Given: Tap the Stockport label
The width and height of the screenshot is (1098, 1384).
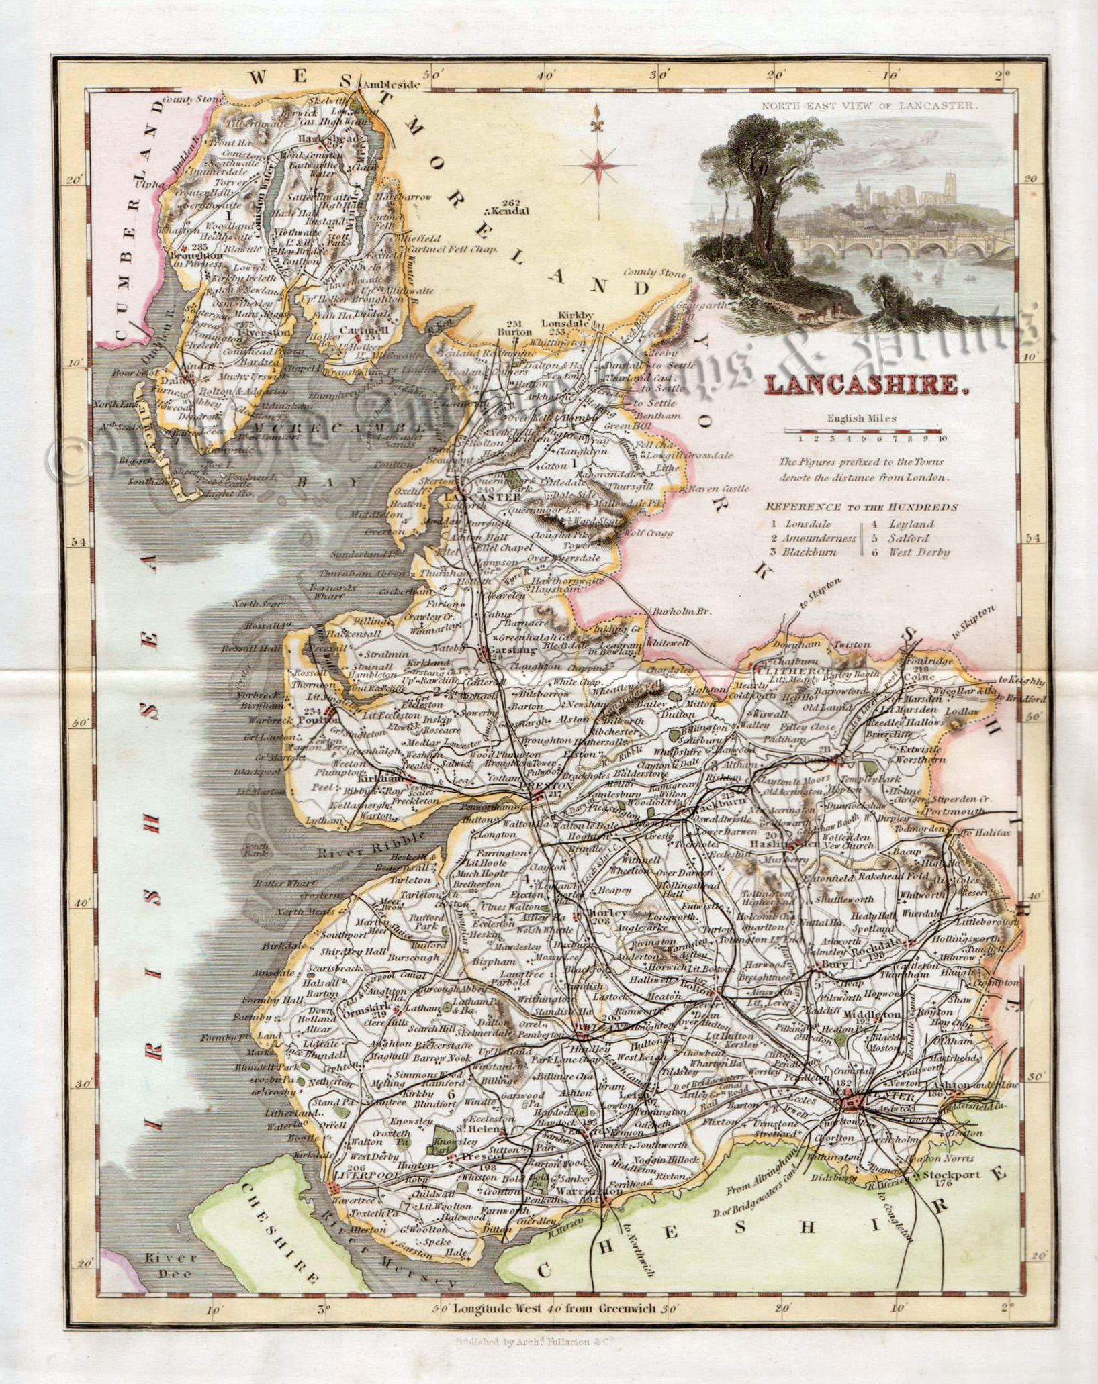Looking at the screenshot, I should pos(952,1175).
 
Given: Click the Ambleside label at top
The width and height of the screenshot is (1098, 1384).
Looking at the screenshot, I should pos(390,85).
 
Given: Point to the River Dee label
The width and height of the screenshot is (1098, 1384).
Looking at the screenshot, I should pos(171,1265).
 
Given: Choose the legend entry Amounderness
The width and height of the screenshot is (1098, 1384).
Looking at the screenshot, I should pos(817,538).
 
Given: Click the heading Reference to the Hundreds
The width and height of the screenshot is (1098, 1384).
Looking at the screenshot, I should pos(862,507).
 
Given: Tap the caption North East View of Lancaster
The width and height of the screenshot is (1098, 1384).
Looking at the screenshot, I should pos(870,106).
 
